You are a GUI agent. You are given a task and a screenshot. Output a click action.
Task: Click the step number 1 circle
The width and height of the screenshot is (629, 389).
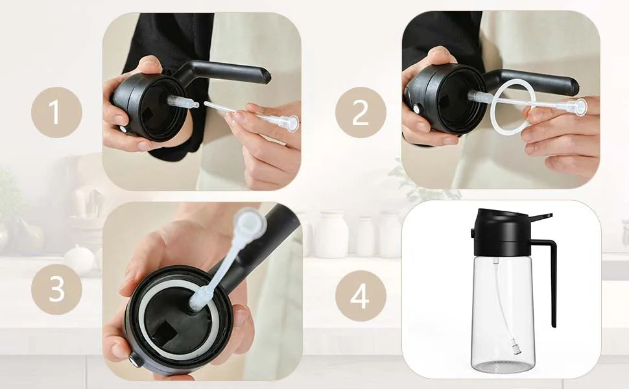[x=56, y=112]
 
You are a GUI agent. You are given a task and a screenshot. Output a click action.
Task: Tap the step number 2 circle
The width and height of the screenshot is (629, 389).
[x=361, y=112]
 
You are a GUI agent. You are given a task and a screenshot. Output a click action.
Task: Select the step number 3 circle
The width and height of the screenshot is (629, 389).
[x=56, y=289]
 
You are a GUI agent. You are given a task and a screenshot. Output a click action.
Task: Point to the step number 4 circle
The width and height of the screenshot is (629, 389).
[x=361, y=298]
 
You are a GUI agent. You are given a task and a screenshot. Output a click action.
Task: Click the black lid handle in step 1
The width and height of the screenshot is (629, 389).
[x=233, y=70]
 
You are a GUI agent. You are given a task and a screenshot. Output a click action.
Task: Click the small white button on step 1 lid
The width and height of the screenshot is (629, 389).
[x=123, y=128]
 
